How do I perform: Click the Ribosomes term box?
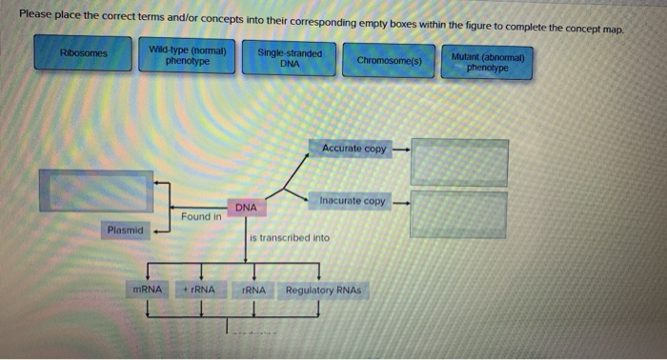[x=83, y=53]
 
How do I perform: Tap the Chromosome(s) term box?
[x=392, y=60]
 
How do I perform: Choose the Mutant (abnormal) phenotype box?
[x=488, y=62]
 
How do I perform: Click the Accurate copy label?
[x=354, y=149]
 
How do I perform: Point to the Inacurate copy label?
[x=352, y=201]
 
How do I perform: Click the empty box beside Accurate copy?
[x=458, y=163]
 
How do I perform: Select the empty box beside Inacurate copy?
[x=458, y=214]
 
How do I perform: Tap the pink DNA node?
[x=246, y=207]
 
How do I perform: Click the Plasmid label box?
[x=125, y=230]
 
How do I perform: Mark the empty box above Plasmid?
[x=95, y=190]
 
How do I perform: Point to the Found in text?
[x=201, y=216]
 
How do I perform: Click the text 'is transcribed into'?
[x=290, y=237]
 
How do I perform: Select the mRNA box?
[x=149, y=289]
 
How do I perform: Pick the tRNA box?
[x=199, y=289]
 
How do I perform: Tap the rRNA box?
[x=253, y=289]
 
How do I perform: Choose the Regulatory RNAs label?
[x=323, y=289]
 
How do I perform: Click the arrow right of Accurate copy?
[x=401, y=150]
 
